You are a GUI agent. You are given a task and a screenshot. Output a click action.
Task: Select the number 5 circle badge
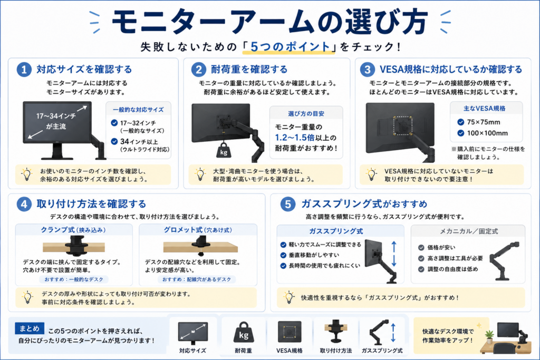tap(288, 204)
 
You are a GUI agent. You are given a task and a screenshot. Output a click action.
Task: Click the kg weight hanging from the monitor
tap(224, 150)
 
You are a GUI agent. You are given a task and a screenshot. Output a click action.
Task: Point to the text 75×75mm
tap(484, 122)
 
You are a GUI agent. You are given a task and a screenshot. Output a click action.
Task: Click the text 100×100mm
tap(487, 133)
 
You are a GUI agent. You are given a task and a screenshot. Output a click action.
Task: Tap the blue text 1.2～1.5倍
tap(294, 138)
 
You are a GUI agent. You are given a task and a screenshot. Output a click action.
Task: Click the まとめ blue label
tap(30, 328)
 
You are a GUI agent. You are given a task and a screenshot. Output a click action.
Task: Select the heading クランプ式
tap(57, 230)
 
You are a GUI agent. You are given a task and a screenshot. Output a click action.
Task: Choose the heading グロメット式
tap(183, 230)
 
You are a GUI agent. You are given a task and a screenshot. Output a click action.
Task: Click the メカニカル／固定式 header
tap(469, 231)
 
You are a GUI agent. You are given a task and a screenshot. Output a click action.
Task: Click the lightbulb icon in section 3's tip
tap(371, 174)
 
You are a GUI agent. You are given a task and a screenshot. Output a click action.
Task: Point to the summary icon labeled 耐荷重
tap(244, 332)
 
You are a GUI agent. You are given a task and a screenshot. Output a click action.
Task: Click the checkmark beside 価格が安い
tap(421, 247)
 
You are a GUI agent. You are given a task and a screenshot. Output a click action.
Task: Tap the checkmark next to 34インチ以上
tap(114, 141)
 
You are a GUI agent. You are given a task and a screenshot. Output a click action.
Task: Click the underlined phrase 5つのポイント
tap(290, 47)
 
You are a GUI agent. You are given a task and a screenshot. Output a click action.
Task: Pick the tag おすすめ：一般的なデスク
tap(74, 279)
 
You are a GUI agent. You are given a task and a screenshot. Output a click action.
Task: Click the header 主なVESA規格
tap(484, 109)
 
